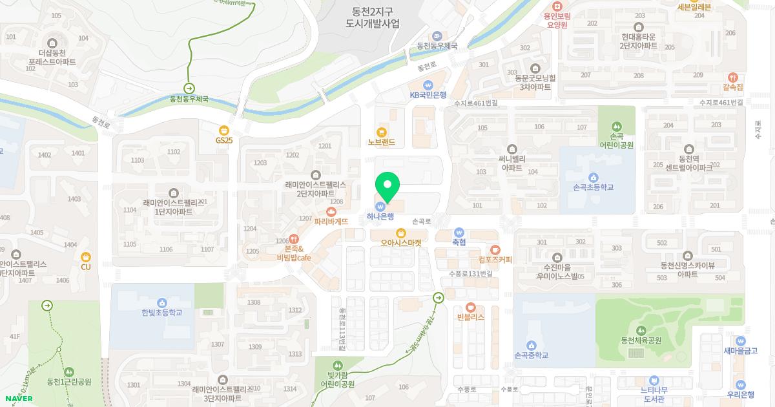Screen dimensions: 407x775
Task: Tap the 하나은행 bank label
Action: pos(380,216)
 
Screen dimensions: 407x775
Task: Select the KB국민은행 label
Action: pos(428,94)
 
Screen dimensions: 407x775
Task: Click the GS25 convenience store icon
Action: pos(224,130)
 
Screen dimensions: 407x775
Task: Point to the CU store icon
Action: pos(85,256)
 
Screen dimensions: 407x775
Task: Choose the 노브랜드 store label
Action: pos(381,141)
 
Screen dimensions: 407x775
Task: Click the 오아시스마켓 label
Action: pos(400,243)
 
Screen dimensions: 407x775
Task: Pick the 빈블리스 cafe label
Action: pos(470,317)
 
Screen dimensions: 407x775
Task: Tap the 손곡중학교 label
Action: pos(531,355)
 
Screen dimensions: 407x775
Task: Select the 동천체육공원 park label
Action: pos(641,340)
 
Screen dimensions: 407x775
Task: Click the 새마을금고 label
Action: pos(739,351)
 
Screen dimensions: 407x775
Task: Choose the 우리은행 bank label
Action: pos(740,394)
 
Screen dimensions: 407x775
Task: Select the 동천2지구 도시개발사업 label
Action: pos(373,17)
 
